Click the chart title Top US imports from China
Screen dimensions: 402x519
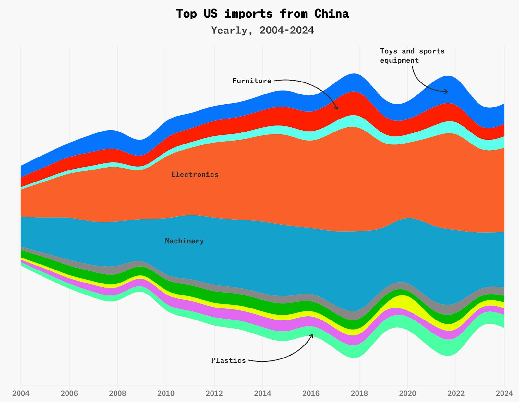[x=262, y=14]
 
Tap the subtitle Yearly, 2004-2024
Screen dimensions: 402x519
[x=262, y=30]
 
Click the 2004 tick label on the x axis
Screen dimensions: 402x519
[x=21, y=393]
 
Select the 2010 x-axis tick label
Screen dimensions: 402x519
[x=166, y=393]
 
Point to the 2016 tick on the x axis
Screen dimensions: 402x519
[x=311, y=393]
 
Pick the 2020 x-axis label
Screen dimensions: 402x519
[x=407, y=393]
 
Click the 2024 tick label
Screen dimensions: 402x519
[x=504, y=393]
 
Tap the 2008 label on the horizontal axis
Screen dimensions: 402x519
[x=117, y=393]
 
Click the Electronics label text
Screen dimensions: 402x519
[x=195, y=175]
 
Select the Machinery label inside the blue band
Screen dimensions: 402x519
[x=184, y=241]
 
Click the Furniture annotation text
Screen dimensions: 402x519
[x=252, y=81]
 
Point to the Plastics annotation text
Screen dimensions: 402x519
[x=228, y=360]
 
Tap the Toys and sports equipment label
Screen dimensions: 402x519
[x=412, y=56]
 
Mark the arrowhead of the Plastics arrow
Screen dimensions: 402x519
[x=312, y=335]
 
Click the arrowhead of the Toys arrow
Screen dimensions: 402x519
[x=447, y=92]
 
